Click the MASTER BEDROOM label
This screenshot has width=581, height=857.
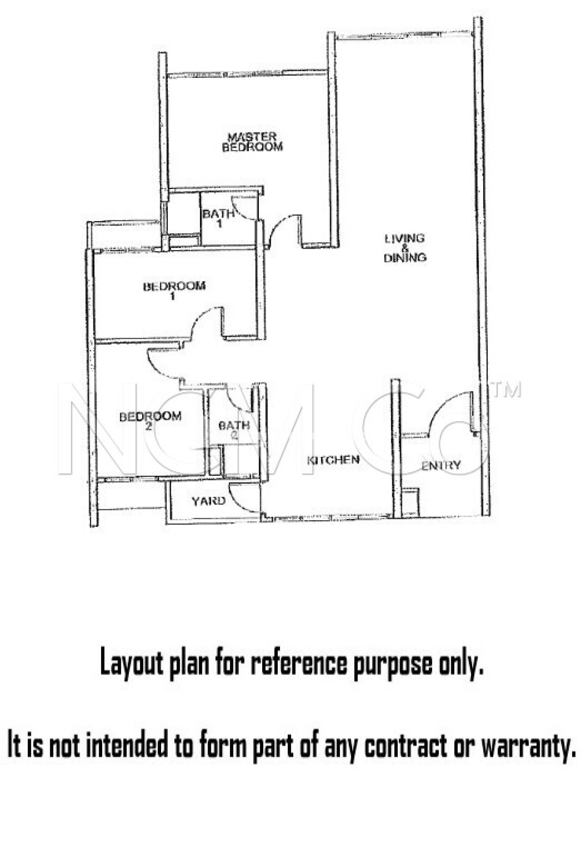(x=252, y=142)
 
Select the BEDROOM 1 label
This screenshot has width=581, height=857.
(x=174, y=291)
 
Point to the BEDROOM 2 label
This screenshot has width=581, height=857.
(x=150, y=421)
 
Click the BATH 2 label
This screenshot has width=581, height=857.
(x=234, y=429)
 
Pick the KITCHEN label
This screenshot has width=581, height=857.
(x=333, y=460)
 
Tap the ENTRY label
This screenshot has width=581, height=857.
(x=441, y=465)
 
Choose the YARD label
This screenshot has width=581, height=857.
(x=208, y=501)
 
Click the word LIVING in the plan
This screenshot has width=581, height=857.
(x=404, y=239)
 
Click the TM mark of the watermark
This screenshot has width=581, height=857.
(x=507, y=390)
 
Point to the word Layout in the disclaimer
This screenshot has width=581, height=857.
(x=132, y=664)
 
